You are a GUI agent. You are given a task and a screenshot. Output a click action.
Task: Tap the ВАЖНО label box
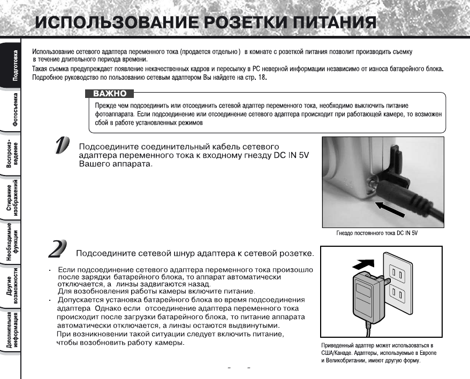[x=110, y=94]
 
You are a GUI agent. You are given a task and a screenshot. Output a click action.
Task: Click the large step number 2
[x=57, y=249]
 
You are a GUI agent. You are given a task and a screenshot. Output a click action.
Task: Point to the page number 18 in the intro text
[x=261, y=78]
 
